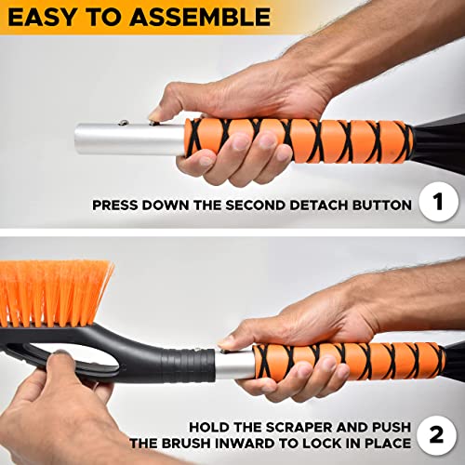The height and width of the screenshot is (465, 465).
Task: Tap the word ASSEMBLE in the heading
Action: [200, 17]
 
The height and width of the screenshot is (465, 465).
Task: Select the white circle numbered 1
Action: [438, 202]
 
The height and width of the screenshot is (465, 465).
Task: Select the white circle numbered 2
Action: [437, 434]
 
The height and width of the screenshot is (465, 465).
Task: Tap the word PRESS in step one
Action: [114, 206]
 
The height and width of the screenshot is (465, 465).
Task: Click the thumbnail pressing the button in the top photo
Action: [155, 115]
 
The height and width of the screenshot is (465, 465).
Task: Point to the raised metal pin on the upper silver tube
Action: [123, 123]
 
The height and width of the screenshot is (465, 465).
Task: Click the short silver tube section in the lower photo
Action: [234, 365]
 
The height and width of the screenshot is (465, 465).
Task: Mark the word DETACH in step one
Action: [319, 206]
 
